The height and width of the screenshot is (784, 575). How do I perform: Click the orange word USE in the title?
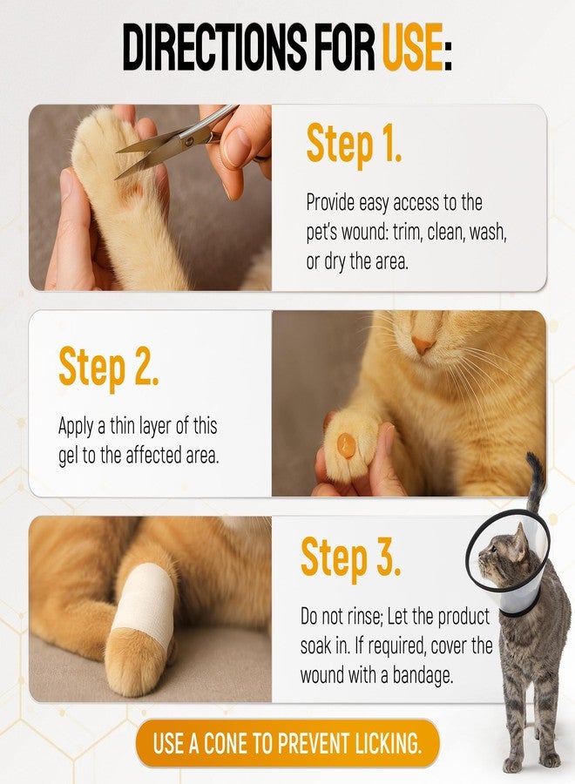click(x=413, y=48)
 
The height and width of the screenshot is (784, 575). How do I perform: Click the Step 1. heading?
click(x=354, y=143)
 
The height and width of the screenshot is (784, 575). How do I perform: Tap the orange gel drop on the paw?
click(x=346, y=444)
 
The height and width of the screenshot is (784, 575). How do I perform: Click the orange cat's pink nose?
click(x=423, y=344)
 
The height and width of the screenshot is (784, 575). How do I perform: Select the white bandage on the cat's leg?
click(x=145, y=601)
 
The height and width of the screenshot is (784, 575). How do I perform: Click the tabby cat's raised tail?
click(x=535, y=480)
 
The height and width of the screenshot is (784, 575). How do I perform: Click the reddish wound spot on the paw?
click(x=130, y=193)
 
